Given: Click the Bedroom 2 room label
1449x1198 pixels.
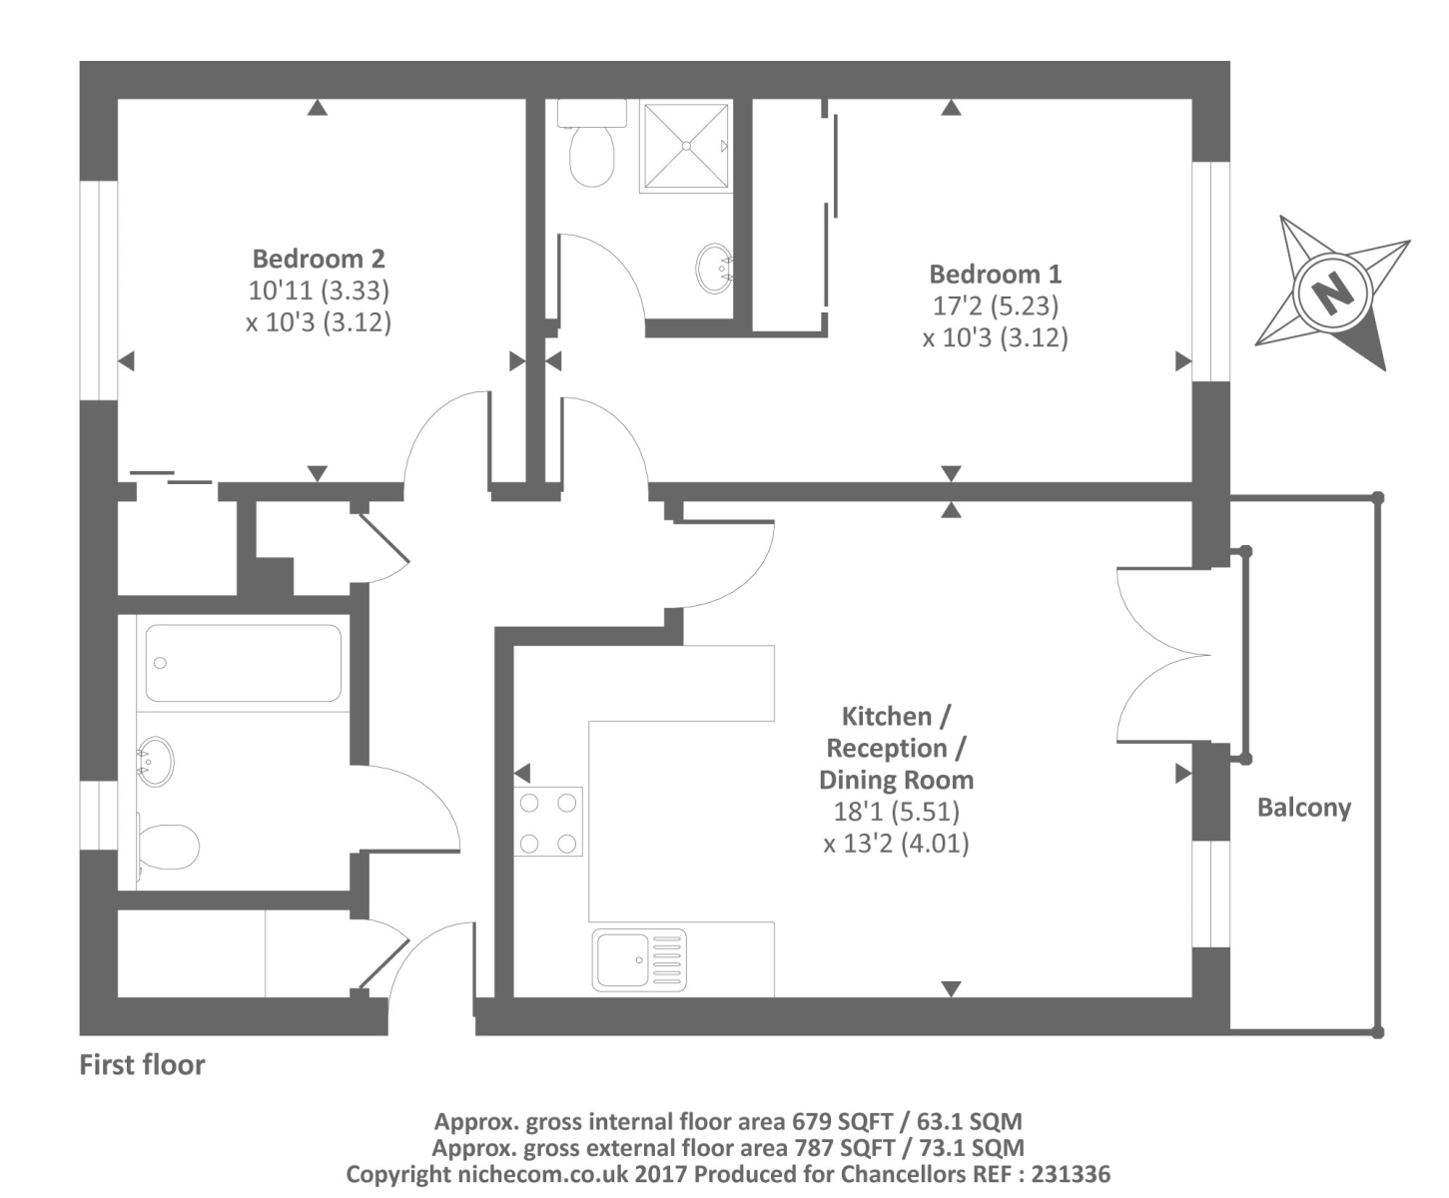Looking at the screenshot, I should pos(318,259).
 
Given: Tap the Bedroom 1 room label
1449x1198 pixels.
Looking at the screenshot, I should pos(995,274).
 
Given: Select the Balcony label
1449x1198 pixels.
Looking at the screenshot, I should pos(1303,807).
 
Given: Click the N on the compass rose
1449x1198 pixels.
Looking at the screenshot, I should pos(1330,294).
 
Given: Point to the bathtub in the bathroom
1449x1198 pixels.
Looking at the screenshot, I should pos(243,663).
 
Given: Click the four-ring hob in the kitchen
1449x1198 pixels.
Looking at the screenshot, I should pos(547,822).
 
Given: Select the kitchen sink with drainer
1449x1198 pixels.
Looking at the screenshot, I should pos(639,959).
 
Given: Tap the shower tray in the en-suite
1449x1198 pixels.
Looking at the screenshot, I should pos(686,145).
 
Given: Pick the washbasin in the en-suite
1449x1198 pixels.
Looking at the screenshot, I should pos(714,267).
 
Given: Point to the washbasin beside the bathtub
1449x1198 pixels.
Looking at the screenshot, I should pos(155,762).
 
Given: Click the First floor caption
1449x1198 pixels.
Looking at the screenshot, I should pos(142,1065).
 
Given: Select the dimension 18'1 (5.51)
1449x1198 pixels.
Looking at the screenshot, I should pos(896,812).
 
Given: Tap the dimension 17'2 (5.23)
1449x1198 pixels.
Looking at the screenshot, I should pos(995,305).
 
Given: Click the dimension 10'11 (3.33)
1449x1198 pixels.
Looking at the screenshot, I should pos(318,291).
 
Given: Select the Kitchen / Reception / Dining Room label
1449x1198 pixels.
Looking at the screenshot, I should pos(896,748).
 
